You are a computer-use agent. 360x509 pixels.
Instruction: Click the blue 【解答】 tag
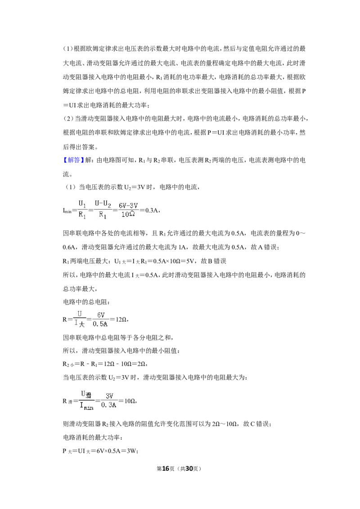click(x=73, y=160)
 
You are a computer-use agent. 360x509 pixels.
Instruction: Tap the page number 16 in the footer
click(x=166, y=469)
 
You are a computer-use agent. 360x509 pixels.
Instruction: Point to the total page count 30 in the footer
click(x=189, y=469)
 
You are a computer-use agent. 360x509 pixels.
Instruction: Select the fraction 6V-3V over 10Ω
click(x=128, y=210)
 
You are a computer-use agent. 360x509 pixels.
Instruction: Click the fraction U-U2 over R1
click(x=103, y=210)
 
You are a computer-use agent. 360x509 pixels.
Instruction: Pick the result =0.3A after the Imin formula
click(x=149, y=210)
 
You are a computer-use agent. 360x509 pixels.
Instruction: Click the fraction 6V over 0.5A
click(x=100, y=319)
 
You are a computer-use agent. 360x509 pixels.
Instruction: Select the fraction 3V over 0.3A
click(x=109, y=401)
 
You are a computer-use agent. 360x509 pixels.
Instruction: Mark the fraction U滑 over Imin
click(x=86, y=401)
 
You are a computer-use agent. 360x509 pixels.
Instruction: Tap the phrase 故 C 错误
click(x=256, y=424)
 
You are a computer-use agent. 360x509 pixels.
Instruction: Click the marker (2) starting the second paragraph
click(x=68, y=119)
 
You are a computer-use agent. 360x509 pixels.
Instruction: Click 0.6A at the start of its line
click(x=70, y=247)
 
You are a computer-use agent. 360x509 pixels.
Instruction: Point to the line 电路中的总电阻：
click(x=86, y=302)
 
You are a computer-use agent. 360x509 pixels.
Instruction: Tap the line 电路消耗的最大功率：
click(x=93, y=438)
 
